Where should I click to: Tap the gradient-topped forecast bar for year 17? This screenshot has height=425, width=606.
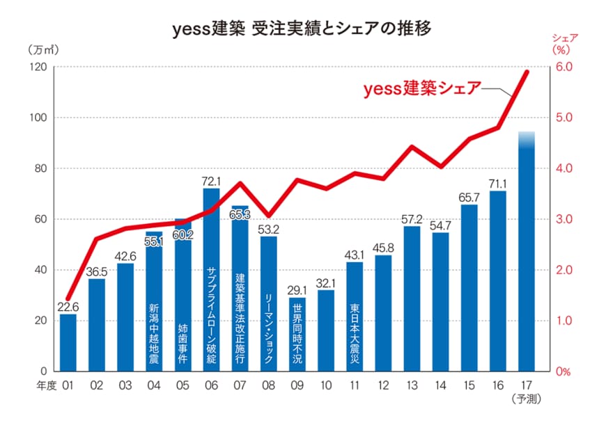click(x=527, y=250)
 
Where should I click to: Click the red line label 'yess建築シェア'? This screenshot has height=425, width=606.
click(x=422, y=89)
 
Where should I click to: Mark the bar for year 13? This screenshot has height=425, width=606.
click(x=412, y=299)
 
